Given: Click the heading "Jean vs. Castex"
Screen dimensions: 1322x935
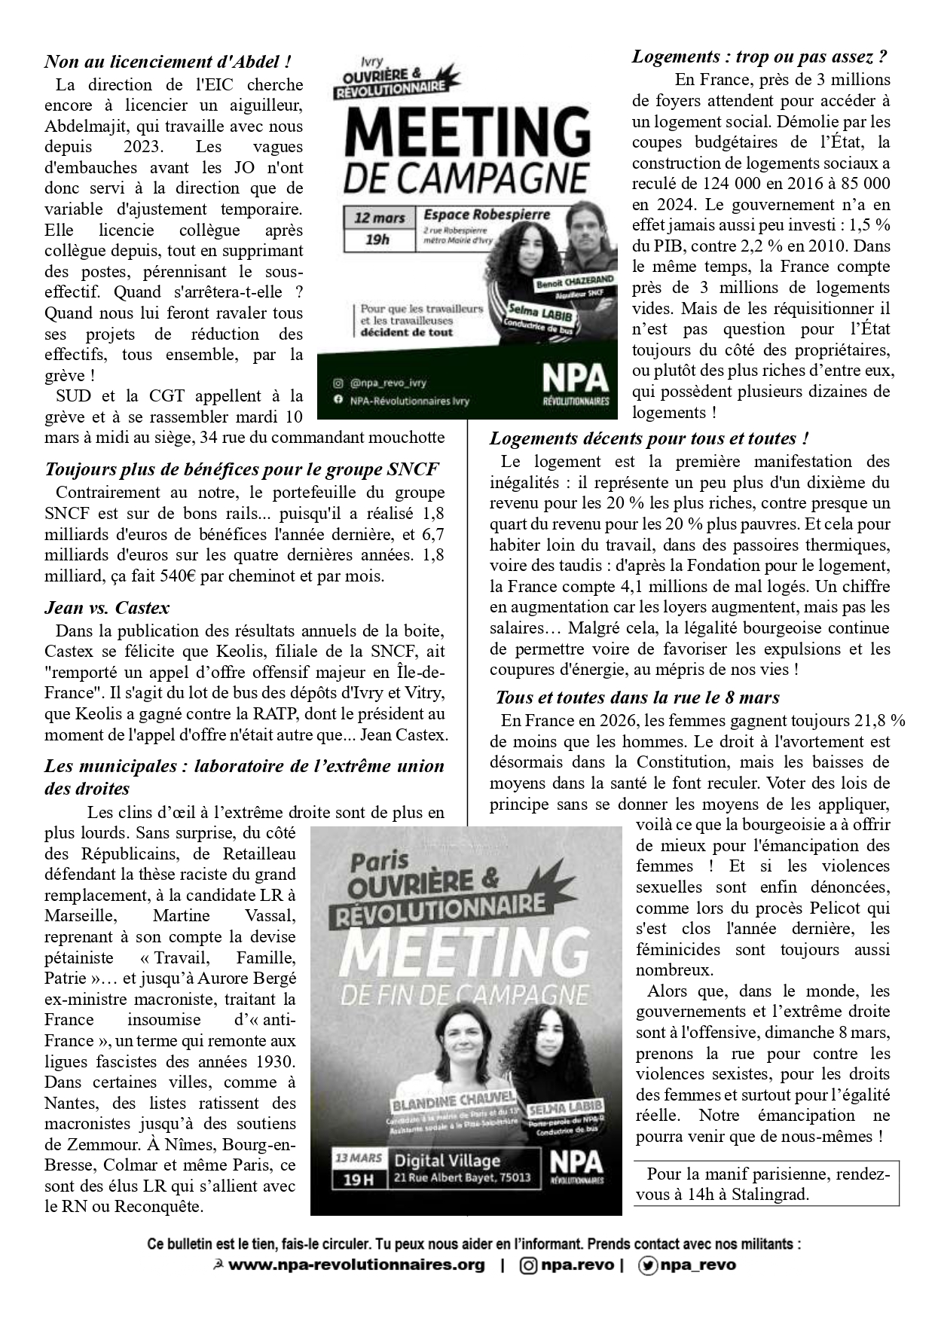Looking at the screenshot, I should (107, 607).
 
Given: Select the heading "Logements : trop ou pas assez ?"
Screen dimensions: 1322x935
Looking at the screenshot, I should (759, 56).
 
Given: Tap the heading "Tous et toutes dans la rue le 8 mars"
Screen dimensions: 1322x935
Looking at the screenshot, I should (637, 698).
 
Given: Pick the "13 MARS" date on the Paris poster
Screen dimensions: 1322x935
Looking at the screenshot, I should (359, 1158).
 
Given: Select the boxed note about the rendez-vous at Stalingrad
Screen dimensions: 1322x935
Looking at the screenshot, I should (766, 1184).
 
